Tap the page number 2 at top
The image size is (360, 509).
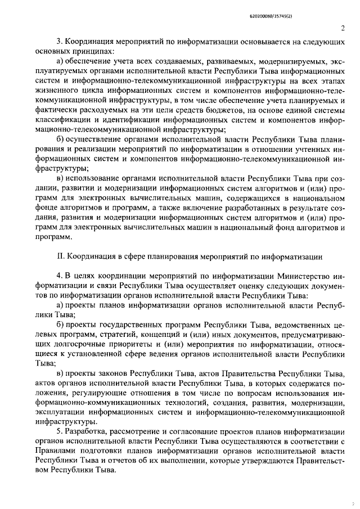click(x=342, y=29)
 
